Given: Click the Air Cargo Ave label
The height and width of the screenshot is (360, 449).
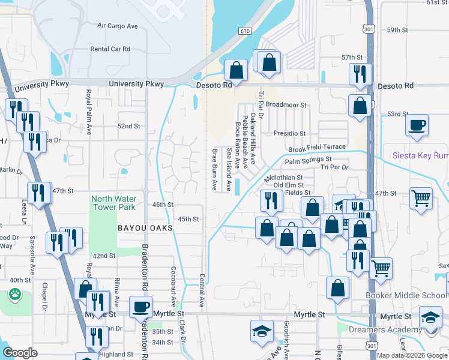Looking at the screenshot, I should tap(118, 26).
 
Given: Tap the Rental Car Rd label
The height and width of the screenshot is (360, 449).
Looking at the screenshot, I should tap(110, 49).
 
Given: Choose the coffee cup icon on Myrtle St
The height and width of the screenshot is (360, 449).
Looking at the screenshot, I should tap(141, 307).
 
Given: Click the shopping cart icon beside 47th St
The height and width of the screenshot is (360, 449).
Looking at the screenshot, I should tap(422, 197).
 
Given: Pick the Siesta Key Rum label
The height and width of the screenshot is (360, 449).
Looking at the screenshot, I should tap(420, 155).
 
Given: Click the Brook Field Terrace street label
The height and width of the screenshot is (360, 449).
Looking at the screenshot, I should tap(317, 147).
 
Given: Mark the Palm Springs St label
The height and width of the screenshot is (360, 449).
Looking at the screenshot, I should tap(308, 160).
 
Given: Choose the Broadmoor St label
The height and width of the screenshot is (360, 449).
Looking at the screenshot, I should tap(286, 104).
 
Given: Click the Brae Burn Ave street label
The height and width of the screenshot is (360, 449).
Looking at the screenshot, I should tap(214, 169).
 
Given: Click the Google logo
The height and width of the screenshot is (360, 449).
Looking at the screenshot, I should tap(20, 353).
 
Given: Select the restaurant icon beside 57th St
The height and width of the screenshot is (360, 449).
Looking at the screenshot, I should tap(360, 73).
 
